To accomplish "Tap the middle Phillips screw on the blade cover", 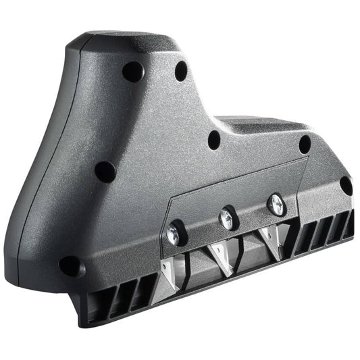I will click(226, 217).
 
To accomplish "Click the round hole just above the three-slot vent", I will click(70, 265).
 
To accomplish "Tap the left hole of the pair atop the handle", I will click(132, 71).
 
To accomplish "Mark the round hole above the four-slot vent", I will click(346, 184).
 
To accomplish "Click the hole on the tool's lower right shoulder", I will click(305, 144).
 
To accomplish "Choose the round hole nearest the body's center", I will click(214, 140).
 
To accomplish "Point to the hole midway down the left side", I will click(105, 171).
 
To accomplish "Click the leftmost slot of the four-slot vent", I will click(303, 237).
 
